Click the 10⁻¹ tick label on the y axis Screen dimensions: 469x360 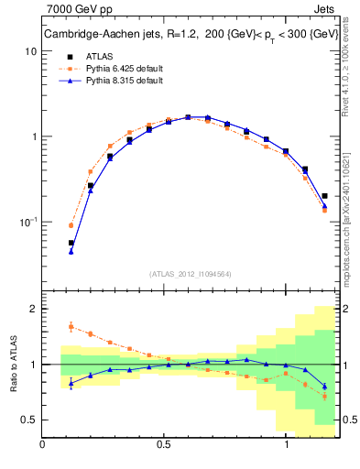[27, 222]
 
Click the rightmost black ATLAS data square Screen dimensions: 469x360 [325, 195]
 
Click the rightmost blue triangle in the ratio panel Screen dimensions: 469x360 [325, 386]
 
